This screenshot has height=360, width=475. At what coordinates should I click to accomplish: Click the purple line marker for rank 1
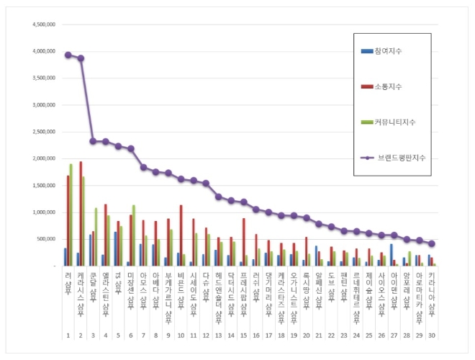pyautogui.click(x=68, y=55)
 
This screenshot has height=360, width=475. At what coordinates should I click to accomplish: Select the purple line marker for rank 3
pyautogui.click(x=93, y=141)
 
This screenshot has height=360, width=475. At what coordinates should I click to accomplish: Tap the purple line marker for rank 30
pyautogui.click(x=432, y=243)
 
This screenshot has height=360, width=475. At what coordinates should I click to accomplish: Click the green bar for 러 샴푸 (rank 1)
pyautogui.click(x=71, y=215)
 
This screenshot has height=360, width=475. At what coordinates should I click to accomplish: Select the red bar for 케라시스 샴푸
pyautogui.click(x=81, y=213)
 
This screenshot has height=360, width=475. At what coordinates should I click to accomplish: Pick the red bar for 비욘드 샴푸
pyautogui.click(x=181, y=235)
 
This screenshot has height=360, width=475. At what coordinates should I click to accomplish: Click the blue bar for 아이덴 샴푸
pyautogui.click(x=391, y=255)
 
